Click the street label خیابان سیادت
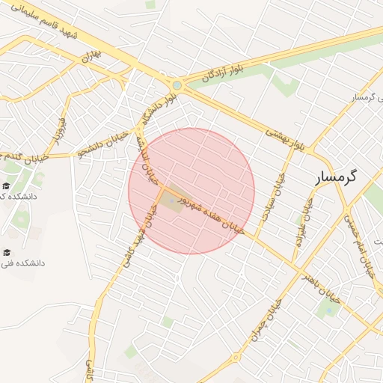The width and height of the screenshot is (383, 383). [281, 192]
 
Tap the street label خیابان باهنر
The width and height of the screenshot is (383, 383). [321, 288]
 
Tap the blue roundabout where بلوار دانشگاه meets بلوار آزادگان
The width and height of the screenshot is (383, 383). [176, 85]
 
